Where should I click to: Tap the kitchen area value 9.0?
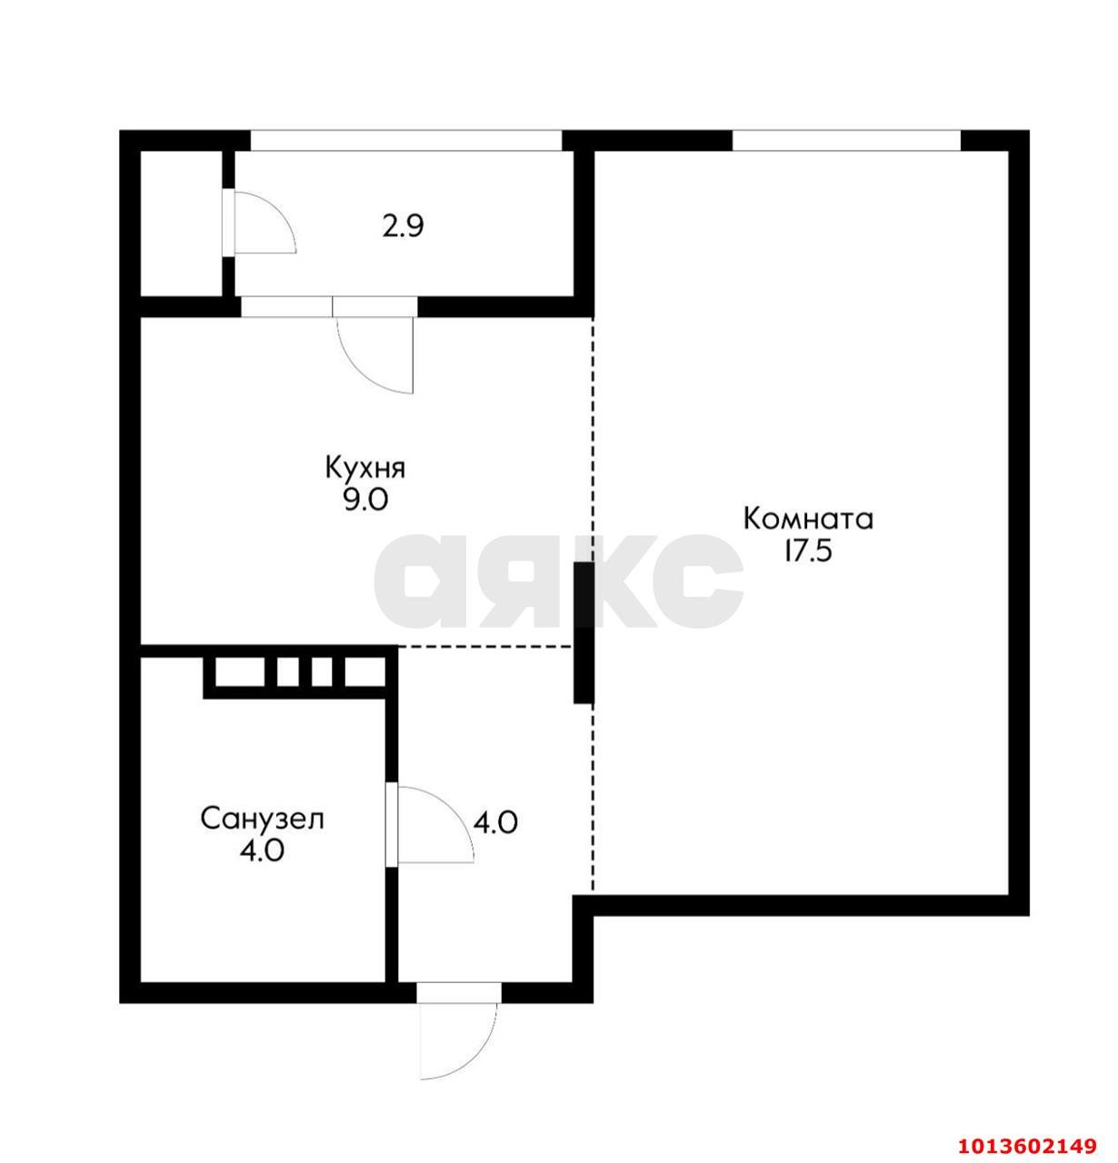click(365, 501)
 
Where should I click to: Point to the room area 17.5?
click(808, 552)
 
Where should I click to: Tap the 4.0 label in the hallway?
click(495, 822)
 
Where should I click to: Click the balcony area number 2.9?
click(403, 226)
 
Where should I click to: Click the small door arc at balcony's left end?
click(280, 209)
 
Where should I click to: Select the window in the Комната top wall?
click(846, 141)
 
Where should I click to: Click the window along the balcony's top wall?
click(406, 141)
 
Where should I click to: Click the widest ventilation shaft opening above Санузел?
click(239, 671)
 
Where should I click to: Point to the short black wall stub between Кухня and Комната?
click(584, 632)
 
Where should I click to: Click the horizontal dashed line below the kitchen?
click(485, 647)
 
